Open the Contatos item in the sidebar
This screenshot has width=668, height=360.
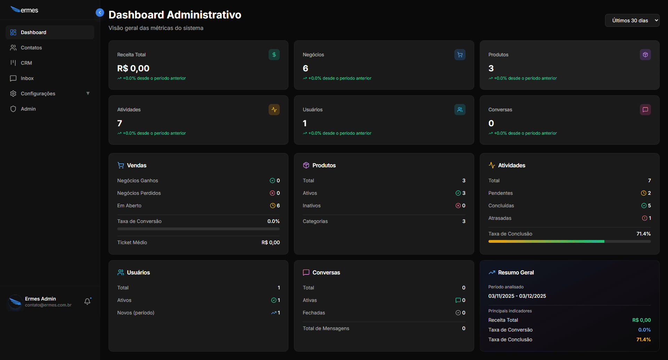[31, 48]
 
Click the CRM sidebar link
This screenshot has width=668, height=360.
[26, 63]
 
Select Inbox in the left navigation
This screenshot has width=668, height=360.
[27, 78]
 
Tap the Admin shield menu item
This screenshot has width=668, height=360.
[28, 109]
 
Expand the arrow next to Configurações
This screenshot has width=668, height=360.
[88, 93]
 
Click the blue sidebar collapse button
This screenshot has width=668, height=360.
[100, 13]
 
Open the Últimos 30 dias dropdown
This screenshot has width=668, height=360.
[632, 21]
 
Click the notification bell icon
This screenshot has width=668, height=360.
[87, 302]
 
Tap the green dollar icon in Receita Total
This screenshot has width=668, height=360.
[274, 55]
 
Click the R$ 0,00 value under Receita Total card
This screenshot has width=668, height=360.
[133, 69]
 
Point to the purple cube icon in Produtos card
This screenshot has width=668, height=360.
[645, 55]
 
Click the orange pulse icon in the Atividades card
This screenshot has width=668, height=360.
[274, 110]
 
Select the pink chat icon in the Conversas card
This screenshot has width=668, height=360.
[645, 110]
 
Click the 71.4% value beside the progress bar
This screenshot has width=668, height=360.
[643, 234]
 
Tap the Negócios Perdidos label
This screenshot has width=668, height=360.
[139, 193]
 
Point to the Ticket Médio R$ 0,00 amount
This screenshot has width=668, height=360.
[270, 242]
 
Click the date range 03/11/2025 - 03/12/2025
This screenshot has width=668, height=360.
[517, 296]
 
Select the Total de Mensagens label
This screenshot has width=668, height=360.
[326, 328]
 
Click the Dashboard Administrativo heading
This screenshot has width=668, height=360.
[175, 15]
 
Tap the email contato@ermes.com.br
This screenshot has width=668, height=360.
[48, 305]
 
